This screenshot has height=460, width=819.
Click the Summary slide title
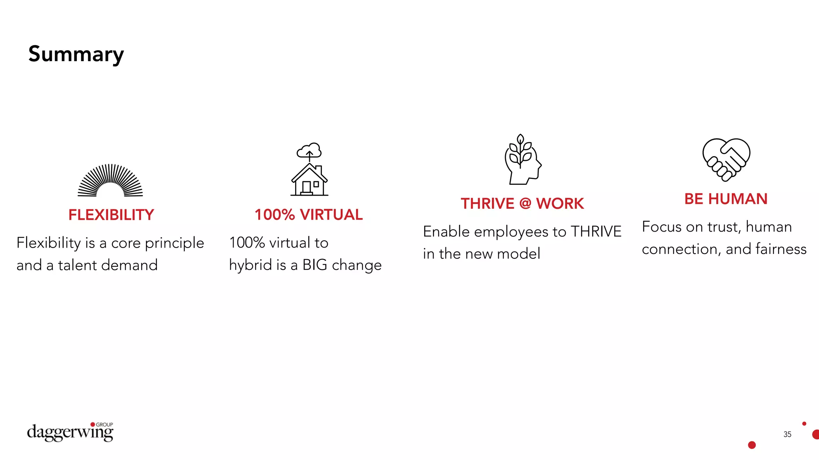[76, 54]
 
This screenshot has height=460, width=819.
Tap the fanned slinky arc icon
[110, 180]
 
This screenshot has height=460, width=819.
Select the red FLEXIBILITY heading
[111, 215]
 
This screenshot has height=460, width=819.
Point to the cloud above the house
[309, 151]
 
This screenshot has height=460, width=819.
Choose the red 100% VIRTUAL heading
[309, 215]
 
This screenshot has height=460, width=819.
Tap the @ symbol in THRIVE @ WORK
[525, 203]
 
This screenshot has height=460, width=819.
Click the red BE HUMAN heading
[726, 199]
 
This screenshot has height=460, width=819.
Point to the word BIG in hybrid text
[315, 265]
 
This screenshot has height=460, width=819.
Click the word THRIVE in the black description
[596, 232]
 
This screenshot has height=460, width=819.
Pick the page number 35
[787, 434]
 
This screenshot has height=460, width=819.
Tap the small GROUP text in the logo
[104, 424]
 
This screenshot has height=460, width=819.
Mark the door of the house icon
[306, 187]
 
